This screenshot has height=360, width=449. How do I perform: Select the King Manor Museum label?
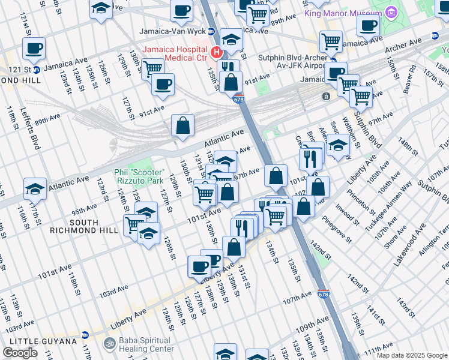click(x=343, y=13)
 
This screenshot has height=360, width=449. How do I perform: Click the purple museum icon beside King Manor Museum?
click(x=391, y=13)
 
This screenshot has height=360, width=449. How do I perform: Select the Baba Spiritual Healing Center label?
click(x=145, y=344)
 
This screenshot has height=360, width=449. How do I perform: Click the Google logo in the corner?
click(x=20, y=353)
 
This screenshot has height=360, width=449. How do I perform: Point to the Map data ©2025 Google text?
click(x=411, y=355)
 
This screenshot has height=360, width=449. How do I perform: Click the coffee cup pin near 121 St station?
click(x=34, y=48)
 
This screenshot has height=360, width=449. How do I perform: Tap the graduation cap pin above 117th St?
click(x=35, y=188)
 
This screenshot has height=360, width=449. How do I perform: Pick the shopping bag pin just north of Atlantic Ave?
click(x=183, y=125)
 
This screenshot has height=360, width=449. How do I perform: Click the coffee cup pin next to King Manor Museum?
click(x=368, y=26)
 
